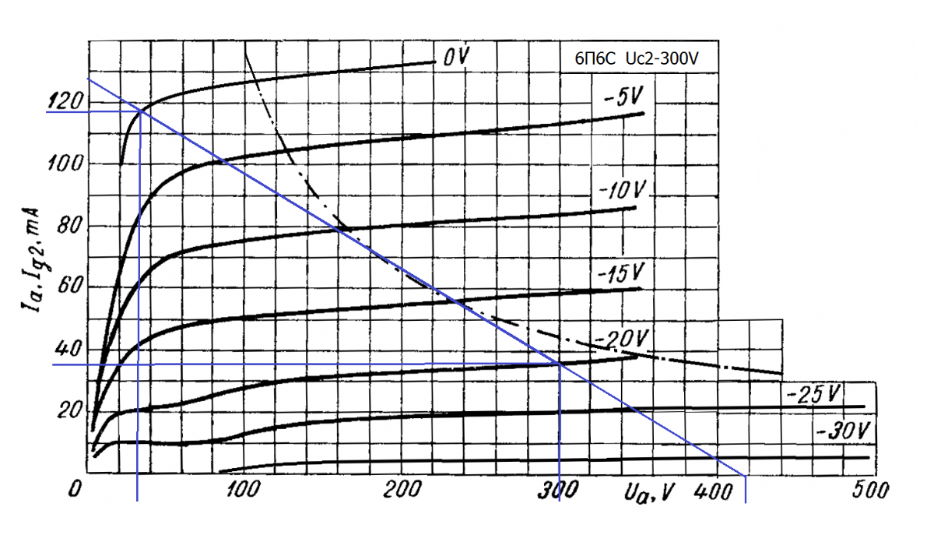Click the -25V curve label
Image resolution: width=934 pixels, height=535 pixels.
[816, 394]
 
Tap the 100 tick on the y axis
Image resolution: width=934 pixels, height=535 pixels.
[65, 164]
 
